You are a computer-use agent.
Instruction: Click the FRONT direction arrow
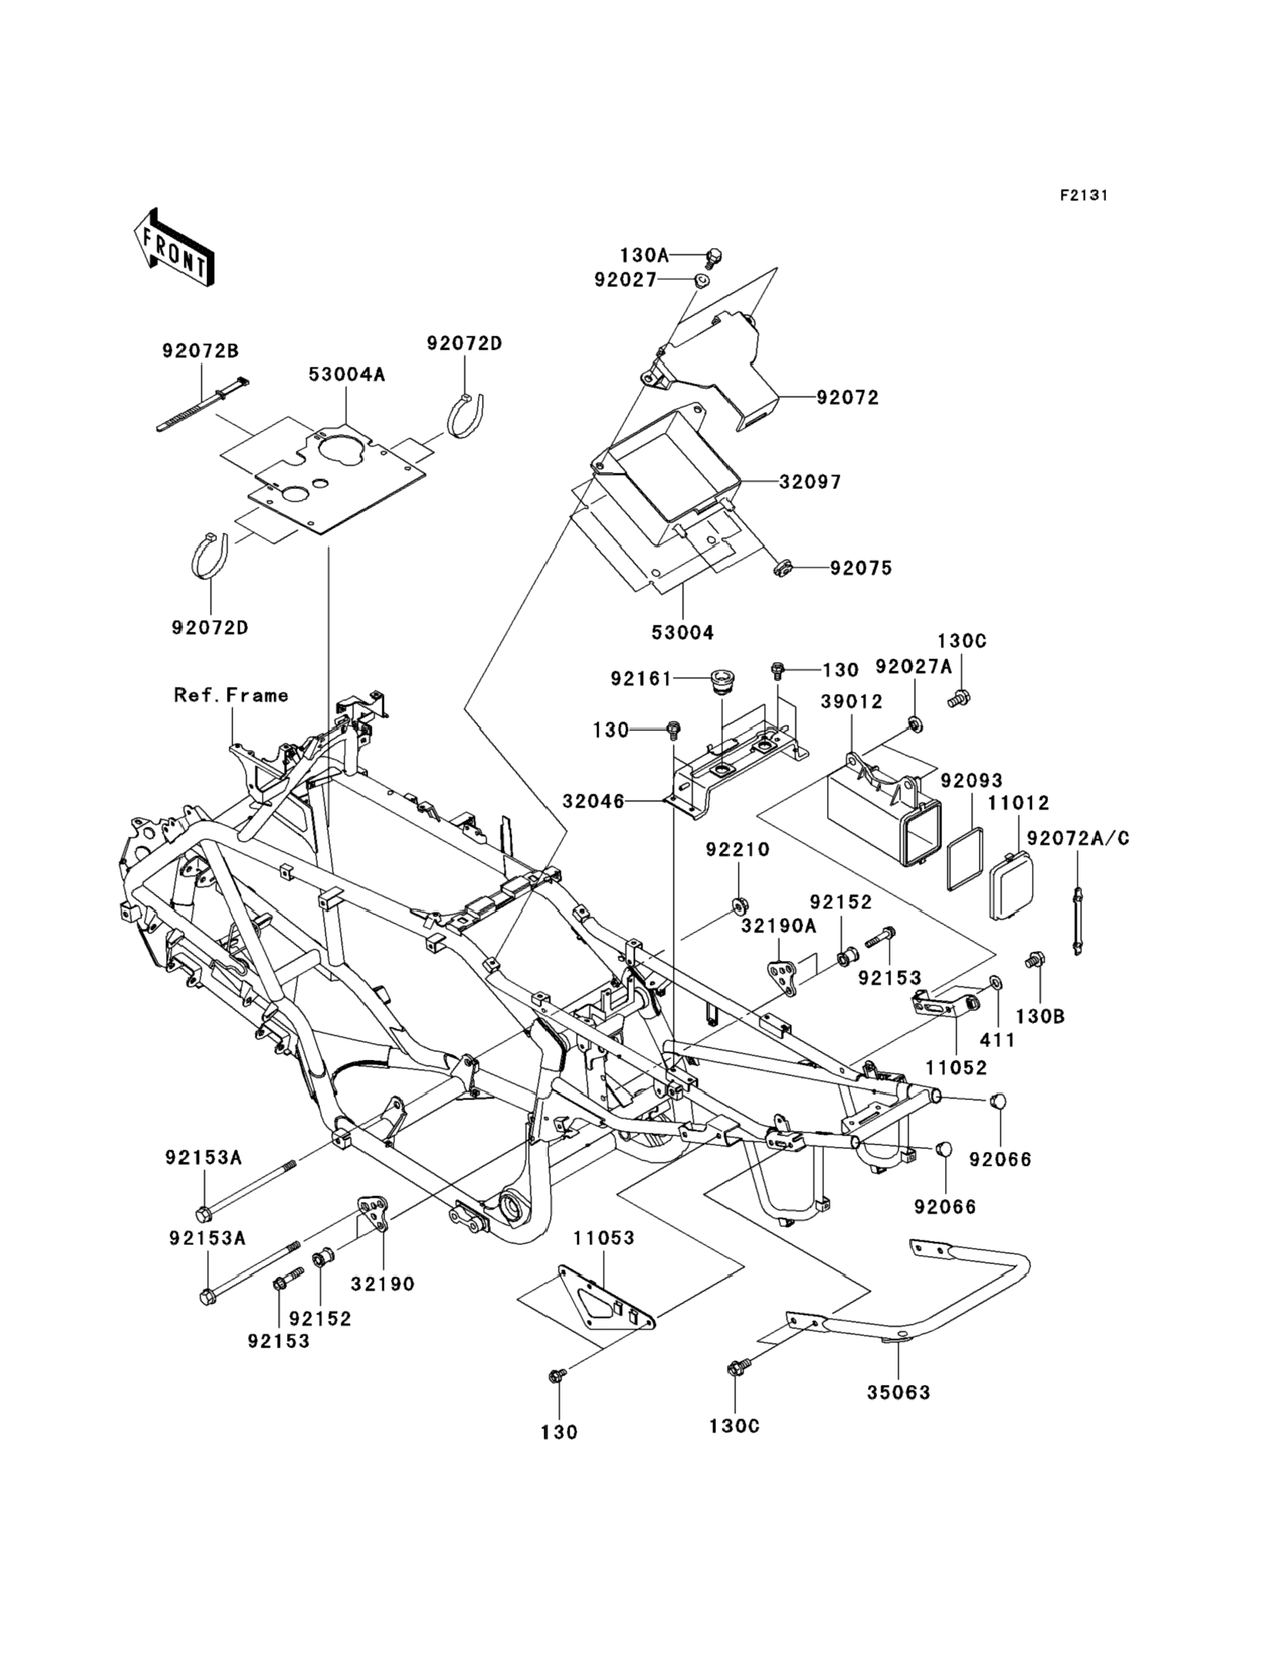click(174, 248)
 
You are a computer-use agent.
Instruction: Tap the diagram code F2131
click(1083, 196)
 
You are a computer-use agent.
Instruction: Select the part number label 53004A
click(347, 375)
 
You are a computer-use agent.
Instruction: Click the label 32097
click(811, 483)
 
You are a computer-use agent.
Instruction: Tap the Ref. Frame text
click(230, 696)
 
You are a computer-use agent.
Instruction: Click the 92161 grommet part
click(719, 680)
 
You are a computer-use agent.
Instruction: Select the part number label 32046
click(594, 801)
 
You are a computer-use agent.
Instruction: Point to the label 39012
click(852, 702)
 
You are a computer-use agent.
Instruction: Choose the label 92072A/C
click(1078, 838)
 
